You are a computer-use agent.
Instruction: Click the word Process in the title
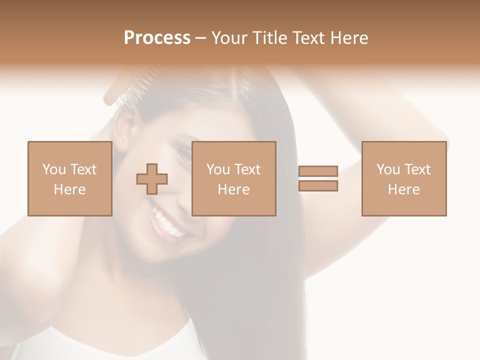(157, 38)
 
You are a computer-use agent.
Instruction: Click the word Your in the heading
(228, 38)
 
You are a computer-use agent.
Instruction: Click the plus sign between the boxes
(152, 179)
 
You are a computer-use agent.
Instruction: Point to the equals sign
(318, 178)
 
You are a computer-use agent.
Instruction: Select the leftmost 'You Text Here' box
(69, 179)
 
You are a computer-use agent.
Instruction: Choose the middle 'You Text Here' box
(233, 179)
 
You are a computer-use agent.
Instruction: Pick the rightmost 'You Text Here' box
(403, 179)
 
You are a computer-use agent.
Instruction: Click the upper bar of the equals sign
(318, 171)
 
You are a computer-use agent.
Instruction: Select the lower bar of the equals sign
(318, 186)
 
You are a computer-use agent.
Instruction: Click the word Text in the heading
(307, 38)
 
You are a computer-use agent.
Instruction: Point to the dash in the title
(200, 38)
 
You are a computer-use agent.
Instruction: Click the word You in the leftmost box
(53, 169)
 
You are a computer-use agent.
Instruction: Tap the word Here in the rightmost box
(403, 189)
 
